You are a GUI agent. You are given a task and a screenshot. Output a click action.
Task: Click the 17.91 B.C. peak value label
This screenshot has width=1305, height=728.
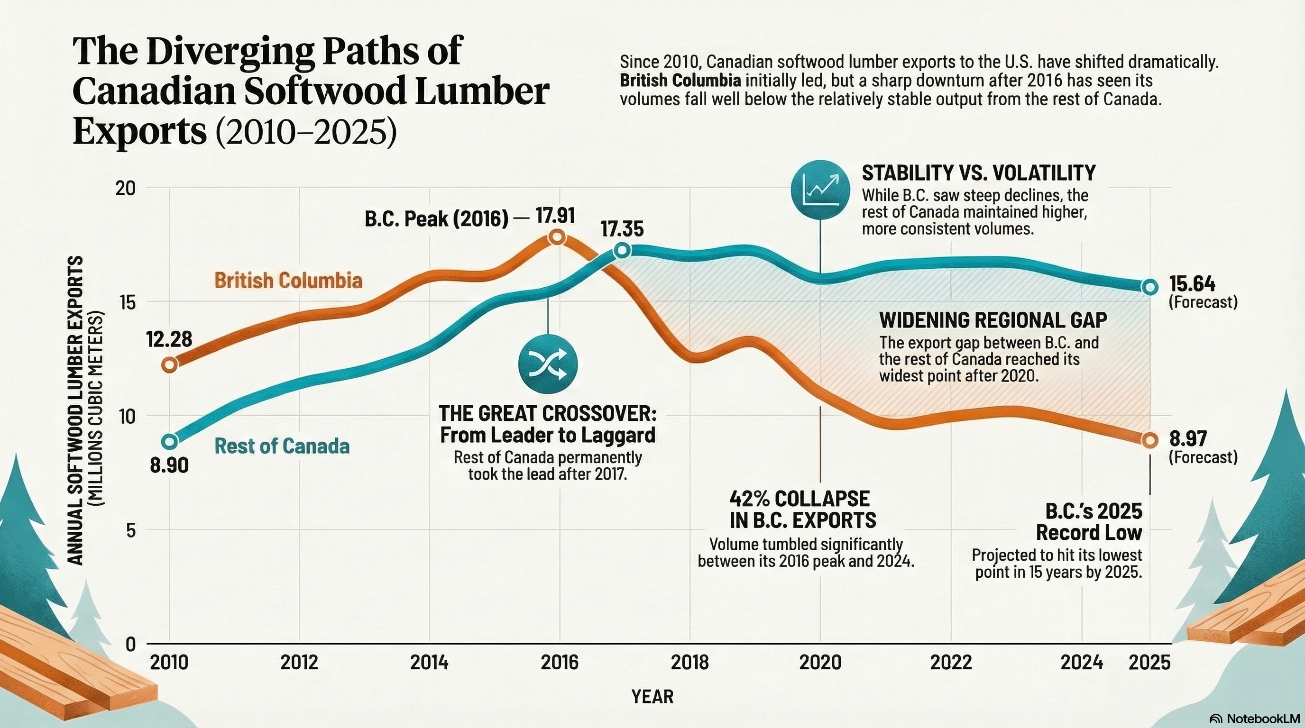[555, 217]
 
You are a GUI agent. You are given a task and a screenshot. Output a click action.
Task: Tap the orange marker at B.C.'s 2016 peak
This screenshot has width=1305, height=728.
[557, 237]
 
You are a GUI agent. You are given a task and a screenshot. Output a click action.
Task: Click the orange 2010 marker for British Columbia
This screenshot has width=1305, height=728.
[170, 364]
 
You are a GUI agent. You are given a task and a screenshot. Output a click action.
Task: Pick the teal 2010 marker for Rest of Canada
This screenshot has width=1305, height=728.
[170, 441]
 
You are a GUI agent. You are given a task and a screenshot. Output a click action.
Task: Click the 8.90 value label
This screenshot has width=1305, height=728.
[169, 465]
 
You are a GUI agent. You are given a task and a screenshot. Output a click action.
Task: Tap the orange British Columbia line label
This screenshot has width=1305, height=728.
[288, 281]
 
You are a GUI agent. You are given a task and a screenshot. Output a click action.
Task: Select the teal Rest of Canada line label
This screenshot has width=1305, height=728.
[282, 446]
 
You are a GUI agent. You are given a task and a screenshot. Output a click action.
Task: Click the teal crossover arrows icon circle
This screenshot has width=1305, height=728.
[548, 364]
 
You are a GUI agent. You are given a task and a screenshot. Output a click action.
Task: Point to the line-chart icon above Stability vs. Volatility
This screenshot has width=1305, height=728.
[820, 190]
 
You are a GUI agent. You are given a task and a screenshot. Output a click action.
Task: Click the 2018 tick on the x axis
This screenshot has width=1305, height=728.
[690, 662]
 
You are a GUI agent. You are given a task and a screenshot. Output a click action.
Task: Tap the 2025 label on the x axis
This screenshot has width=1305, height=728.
[1150, 662]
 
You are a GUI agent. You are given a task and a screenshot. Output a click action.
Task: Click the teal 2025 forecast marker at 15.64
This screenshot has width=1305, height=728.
[1150, 287]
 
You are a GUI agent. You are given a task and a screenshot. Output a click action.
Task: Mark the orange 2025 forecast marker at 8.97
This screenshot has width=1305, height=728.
[1150, 440]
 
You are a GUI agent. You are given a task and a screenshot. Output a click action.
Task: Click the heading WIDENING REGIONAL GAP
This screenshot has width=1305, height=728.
[993, 320]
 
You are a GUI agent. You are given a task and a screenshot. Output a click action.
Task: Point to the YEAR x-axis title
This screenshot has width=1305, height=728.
[652, 697]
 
